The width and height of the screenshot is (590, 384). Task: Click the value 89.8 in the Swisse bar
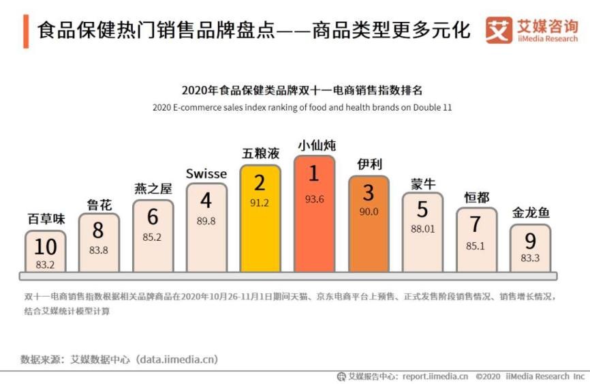tap(206, 221)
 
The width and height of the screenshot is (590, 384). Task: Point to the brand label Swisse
tap(206, 174)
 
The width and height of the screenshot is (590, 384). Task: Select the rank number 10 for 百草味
tap(46, 246)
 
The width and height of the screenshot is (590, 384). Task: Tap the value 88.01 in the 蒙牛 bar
tap(422, 229)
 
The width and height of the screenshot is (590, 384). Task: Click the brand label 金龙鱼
tap(531, 213)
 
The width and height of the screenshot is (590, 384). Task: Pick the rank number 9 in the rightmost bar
tap(531, 241)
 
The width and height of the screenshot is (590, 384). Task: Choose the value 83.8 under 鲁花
tap(99, 250)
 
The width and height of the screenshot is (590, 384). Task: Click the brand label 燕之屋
tap(153, 189)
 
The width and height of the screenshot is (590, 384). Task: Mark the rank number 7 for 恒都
tap(476, 224)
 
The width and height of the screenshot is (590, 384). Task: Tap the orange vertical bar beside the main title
tap(26, 31)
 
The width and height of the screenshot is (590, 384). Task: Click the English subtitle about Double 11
tap(302, 107)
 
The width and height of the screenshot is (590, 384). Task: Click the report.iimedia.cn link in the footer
tap(435, 376)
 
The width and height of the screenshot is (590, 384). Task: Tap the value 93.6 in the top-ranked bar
tap(314, 199)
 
